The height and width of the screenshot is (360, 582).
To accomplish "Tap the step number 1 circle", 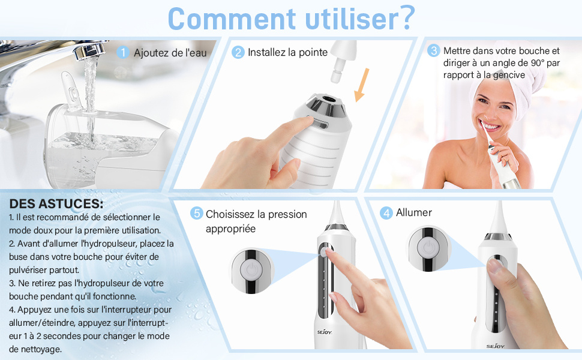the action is [x=123, y=52].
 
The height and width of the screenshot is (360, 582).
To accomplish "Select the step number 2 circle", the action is [x=238, y=52].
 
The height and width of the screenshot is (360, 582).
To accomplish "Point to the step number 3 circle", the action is [x=434, y=50].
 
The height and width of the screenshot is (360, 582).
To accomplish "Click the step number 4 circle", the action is [x=386, y=213].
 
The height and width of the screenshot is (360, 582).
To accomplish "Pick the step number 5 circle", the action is [x=196, y=214].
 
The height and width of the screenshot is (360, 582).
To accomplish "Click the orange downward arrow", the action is [x=362, y=85].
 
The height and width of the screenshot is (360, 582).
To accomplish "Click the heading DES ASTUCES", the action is [x=56, y=203].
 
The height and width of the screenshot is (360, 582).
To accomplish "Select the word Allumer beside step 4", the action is [x=414, y=212].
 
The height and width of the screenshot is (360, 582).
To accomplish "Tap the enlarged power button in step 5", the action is [x=251, y=270].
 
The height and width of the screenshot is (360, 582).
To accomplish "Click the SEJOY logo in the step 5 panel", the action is [x=324, y=332].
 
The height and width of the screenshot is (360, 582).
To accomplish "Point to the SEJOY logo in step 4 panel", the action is [x=495, y=346].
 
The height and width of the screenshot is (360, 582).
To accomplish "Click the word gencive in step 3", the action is [x=509, y=75].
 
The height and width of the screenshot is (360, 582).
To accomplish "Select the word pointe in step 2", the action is [x=313, y=52].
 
